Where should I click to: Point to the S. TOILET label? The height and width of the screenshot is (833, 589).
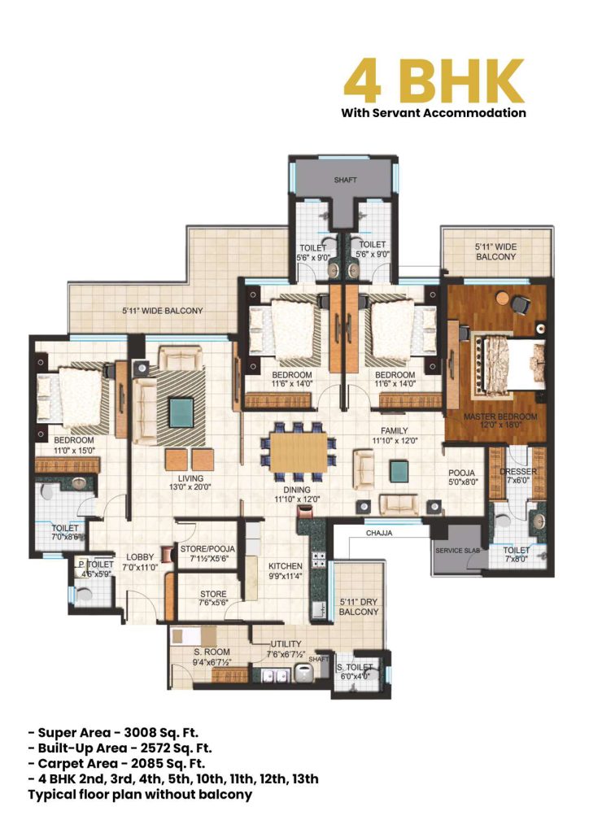click(353, 669)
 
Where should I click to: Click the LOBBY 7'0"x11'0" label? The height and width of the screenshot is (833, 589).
click(138, 562)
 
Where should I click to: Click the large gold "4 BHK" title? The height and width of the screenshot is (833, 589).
click(433, 80)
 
